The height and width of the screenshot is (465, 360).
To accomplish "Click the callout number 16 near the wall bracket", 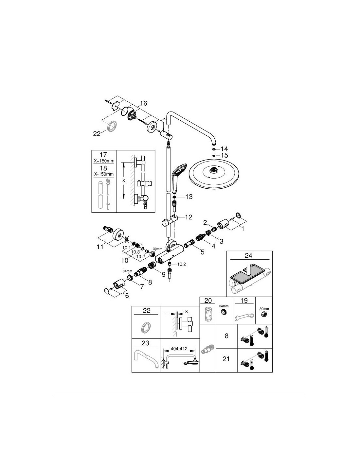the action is (143, 103).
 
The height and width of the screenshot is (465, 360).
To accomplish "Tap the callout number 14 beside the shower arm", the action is (224, 149).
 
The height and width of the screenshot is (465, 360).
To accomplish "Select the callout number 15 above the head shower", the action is (224, 155).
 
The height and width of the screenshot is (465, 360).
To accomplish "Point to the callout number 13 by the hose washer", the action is (189, 197).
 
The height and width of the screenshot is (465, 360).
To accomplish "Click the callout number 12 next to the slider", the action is (189, 217).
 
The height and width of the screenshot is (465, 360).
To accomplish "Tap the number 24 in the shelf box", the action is (248, 255).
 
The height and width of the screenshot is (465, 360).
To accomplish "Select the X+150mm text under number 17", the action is (104, 161).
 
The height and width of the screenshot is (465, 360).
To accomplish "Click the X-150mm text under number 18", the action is (104, 174).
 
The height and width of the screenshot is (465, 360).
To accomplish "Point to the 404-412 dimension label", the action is (179, 349).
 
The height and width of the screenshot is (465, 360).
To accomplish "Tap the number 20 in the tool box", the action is (208, 301).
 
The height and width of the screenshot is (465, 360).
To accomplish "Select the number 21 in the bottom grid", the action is (226, 359).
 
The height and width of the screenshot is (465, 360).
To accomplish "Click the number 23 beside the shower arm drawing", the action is (145, 343).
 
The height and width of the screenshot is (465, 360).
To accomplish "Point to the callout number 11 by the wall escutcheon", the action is (100, 247).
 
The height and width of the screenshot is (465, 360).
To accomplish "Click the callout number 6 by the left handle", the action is (127, 296).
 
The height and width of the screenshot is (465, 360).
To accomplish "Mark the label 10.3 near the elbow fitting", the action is (135, 252).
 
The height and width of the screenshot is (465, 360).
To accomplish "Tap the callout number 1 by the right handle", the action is (243, 229).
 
